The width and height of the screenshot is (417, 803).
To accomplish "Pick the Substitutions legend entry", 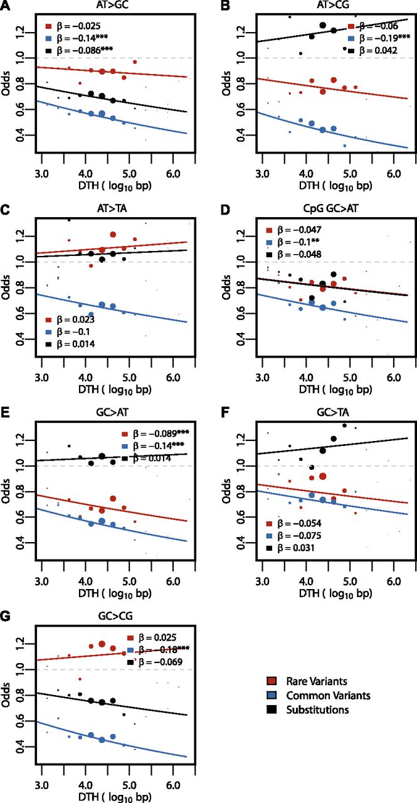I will point(312,710).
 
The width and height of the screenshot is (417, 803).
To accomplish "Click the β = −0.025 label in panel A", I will point(78,28).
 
